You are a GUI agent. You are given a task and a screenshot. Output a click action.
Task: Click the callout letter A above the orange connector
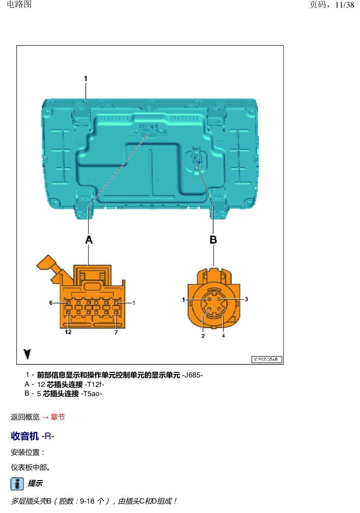pyautogui.click(x=89, y=240)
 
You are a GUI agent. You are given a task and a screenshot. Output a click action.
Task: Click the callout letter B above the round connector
pyautogui.click(x=213, y=240)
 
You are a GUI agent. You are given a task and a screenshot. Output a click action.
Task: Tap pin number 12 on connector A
pyautogui.click(x=68, y=332)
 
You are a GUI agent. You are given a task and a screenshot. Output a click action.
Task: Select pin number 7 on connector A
pyautogui.click(x=116, y=332)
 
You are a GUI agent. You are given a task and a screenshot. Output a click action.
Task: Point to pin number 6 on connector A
pyautogui.click(x=51, y=303)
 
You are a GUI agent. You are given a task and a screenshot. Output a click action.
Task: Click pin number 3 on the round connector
pyautogui.click(x=246, y=299)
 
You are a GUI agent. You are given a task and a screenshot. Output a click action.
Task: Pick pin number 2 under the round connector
pyautogui.click(x=203, y=336)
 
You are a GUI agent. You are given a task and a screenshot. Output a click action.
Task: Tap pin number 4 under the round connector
pyautogui.click(x=223, y=336)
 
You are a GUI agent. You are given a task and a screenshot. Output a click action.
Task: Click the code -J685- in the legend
pyautogui.click(x=192, y=375)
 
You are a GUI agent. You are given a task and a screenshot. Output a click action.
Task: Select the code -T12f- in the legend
pyautogui.click(x=94, y=384)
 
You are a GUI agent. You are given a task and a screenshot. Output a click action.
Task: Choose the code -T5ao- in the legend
pyautogui.click(x=91, y=393)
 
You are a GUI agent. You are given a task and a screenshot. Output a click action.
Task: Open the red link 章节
pyautogui.click(x=58, y=417)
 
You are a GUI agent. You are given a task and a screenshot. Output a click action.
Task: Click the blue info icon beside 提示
pyautogui.click(x=17, y=484)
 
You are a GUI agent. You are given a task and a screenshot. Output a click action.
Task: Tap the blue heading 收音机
pyautogui.click(x=25, y=436)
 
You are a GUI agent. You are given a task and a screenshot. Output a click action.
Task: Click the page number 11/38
pyautogui.click(x=345, y=5)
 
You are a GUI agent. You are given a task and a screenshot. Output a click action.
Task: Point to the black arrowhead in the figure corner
pyautogui.click(x=27, y=354)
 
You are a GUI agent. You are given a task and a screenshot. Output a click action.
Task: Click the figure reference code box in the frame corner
pyautogui.click(x=266, y=359)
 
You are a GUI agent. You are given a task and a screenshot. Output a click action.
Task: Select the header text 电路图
pyautogui.click(x=19, y=4)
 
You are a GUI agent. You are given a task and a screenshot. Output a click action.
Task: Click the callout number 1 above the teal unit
pyautogui.click(x=86, y=78)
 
